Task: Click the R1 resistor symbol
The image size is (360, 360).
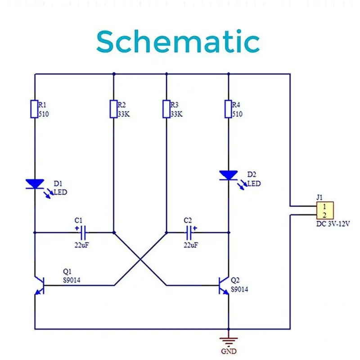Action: [x=35, y=109]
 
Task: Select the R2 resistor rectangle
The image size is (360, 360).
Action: [x=114, y=109]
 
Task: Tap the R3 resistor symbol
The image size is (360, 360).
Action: [x=166, y=109]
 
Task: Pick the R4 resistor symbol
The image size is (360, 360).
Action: [x=229, y=109]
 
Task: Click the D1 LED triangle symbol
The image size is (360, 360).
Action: [x=35, y=184]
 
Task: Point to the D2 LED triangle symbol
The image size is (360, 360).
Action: [x=229, y=175]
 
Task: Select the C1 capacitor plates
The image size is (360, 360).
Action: [x=84, y=233]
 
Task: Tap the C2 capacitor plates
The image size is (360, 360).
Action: [x=189, y=233]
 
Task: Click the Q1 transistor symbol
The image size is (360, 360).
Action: [x=39, y=285]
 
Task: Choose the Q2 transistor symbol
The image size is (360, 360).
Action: [x=224, y=285]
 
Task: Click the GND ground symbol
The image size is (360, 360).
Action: [x=229, y=342]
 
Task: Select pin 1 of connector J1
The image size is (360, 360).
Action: [x=324, y=207]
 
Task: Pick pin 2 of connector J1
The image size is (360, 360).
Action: [x=324, y=215]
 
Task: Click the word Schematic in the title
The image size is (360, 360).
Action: [x=178, y=41]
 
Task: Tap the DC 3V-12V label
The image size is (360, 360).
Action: [x=333, y=224]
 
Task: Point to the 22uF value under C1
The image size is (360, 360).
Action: [x=81, y=245]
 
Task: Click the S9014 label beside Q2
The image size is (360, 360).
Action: [x=239, y=289]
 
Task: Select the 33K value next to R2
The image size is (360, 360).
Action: [x=124, y=114]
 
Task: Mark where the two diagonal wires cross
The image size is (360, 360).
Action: [x=140, y=260]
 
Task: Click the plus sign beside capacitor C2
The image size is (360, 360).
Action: [x=195, y=228]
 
